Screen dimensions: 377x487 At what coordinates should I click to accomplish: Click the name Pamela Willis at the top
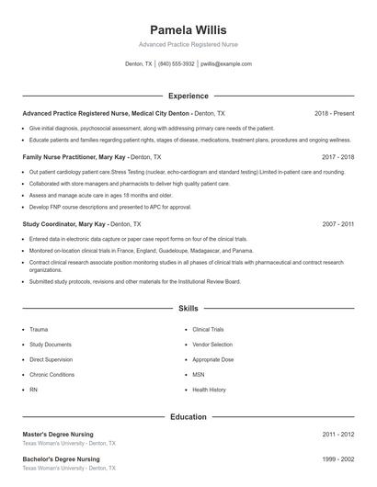click(188, 29)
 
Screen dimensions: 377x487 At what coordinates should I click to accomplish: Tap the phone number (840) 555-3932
click(177, 64)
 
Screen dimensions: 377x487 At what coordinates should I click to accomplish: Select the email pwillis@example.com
click(225, 64)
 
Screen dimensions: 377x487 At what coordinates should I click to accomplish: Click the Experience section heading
click(188, 96)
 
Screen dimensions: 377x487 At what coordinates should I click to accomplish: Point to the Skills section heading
click(188, 310)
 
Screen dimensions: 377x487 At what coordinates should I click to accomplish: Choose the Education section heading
click(188, 417)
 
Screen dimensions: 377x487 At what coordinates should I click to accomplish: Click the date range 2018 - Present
click(334, 113)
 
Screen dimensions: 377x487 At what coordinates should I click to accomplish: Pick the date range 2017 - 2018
click(337, 157)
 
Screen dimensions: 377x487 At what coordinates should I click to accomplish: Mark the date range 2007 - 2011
click(337, 223)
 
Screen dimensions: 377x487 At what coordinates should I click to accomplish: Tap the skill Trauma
click(39, 329)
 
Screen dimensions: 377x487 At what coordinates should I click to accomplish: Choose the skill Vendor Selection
click(212, 344)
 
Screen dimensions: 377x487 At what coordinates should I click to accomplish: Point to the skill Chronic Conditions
click(51, 375)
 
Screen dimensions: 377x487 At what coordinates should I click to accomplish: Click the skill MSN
click(199, 375)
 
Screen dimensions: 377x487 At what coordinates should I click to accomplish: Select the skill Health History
click(209, 390)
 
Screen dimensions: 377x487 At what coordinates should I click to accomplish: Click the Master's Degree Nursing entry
click(60, 434)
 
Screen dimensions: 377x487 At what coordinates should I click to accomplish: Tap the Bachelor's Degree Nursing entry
click(61, 459)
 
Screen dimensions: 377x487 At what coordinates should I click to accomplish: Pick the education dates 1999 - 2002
click(337, 459)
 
